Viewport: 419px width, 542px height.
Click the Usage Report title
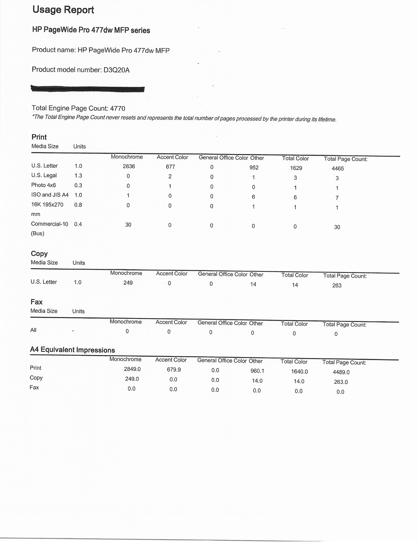click(63, 10)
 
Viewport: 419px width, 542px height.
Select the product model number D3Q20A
click(116, 70)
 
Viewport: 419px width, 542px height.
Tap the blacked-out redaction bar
click(87, 89)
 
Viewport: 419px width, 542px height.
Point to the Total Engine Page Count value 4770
click(118, 108)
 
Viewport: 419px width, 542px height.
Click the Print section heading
click(39, 137)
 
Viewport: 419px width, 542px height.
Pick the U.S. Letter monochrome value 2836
click(129, 167)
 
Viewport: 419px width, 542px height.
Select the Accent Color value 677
click(170, 167)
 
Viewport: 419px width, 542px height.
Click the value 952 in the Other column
click(254, 168)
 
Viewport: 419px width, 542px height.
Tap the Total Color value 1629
click(296, 168)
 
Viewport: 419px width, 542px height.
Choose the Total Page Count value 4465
click(338, 169)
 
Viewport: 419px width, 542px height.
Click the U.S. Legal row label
click(44, 175)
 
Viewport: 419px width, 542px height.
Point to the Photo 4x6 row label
click(44, 185)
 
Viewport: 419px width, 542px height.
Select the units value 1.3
click(78, 176)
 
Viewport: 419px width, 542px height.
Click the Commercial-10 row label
click(50, 224)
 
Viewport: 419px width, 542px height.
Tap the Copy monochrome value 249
click(128, 283)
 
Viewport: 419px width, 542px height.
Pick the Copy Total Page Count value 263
click(337, 285)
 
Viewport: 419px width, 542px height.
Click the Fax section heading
click(36, 302)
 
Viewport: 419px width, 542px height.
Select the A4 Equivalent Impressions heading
click(72, 350)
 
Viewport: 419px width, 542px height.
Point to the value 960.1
click(257, 371)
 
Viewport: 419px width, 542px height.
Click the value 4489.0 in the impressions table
click(341, 372)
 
